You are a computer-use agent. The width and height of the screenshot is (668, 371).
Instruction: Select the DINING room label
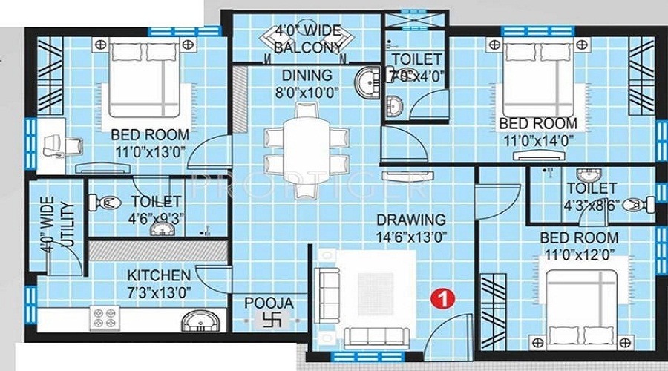tap(306, 75)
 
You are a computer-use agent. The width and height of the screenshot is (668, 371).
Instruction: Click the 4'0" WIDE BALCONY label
tap(307, 40)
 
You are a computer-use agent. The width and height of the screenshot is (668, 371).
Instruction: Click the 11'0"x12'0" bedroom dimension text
tap(579, 256)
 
